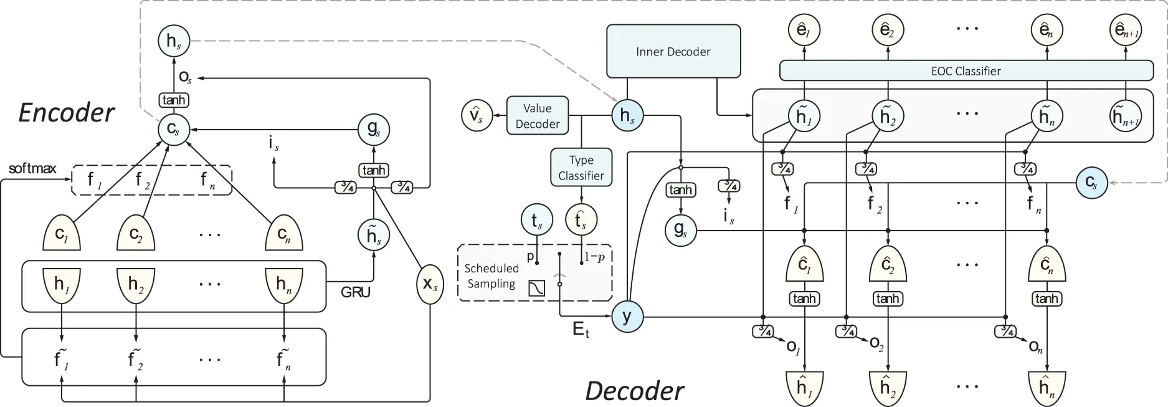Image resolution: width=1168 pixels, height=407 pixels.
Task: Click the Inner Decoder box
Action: point(673,52)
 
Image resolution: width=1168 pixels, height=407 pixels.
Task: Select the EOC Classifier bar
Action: point(966,70)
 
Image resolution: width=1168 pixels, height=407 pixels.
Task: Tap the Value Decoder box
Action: point(537,116)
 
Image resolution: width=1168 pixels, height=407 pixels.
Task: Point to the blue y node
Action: point(627,317)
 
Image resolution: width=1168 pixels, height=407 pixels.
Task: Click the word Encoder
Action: point(67,113)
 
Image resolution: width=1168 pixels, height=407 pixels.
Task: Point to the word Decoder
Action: point(634,391)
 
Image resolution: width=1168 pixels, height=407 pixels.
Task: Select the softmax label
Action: point(32,168)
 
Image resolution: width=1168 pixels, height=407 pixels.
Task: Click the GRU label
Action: point(356,292)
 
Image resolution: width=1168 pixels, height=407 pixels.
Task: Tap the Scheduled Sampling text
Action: point(491,276)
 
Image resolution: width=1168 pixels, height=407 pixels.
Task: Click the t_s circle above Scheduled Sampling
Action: point(536,220)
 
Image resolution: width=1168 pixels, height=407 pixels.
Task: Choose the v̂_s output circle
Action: point(477,116)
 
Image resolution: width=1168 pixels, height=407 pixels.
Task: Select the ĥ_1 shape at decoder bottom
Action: point(804,388)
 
